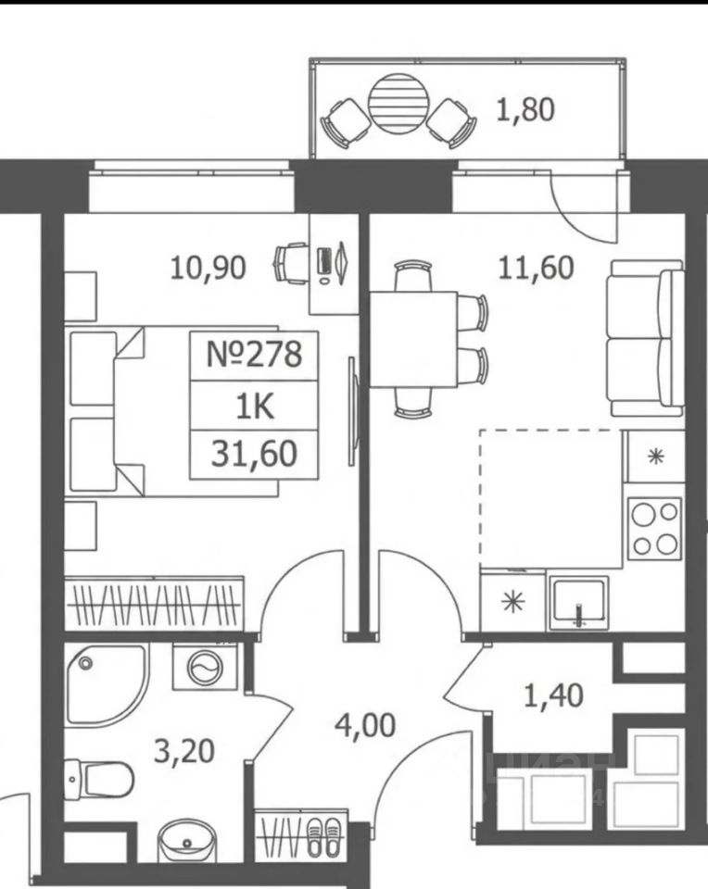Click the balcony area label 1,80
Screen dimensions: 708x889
pos(525,110)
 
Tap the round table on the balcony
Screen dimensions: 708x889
pos(398,103)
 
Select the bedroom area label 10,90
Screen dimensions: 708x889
pos(209,268)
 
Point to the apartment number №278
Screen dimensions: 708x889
pos(254,355)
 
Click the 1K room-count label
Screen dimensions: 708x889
pos(255,406)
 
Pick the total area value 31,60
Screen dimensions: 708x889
pos(254,454)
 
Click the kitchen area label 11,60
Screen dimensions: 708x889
pos(536,268)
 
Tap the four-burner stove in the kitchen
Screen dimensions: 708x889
pos(655,529)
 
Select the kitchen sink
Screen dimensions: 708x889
pos(577,603)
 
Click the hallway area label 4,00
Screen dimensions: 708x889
pos(365,726)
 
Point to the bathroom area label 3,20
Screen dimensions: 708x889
pos(185,752)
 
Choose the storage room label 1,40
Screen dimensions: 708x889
pos(553,695)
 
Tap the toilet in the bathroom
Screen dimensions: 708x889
pos(98,779)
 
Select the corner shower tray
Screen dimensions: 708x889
pos(106,685)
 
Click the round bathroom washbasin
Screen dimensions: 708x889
pos(186,839)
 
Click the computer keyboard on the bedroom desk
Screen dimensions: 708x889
pos(324,261)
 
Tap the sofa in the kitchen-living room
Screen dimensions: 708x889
pos(647,339)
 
